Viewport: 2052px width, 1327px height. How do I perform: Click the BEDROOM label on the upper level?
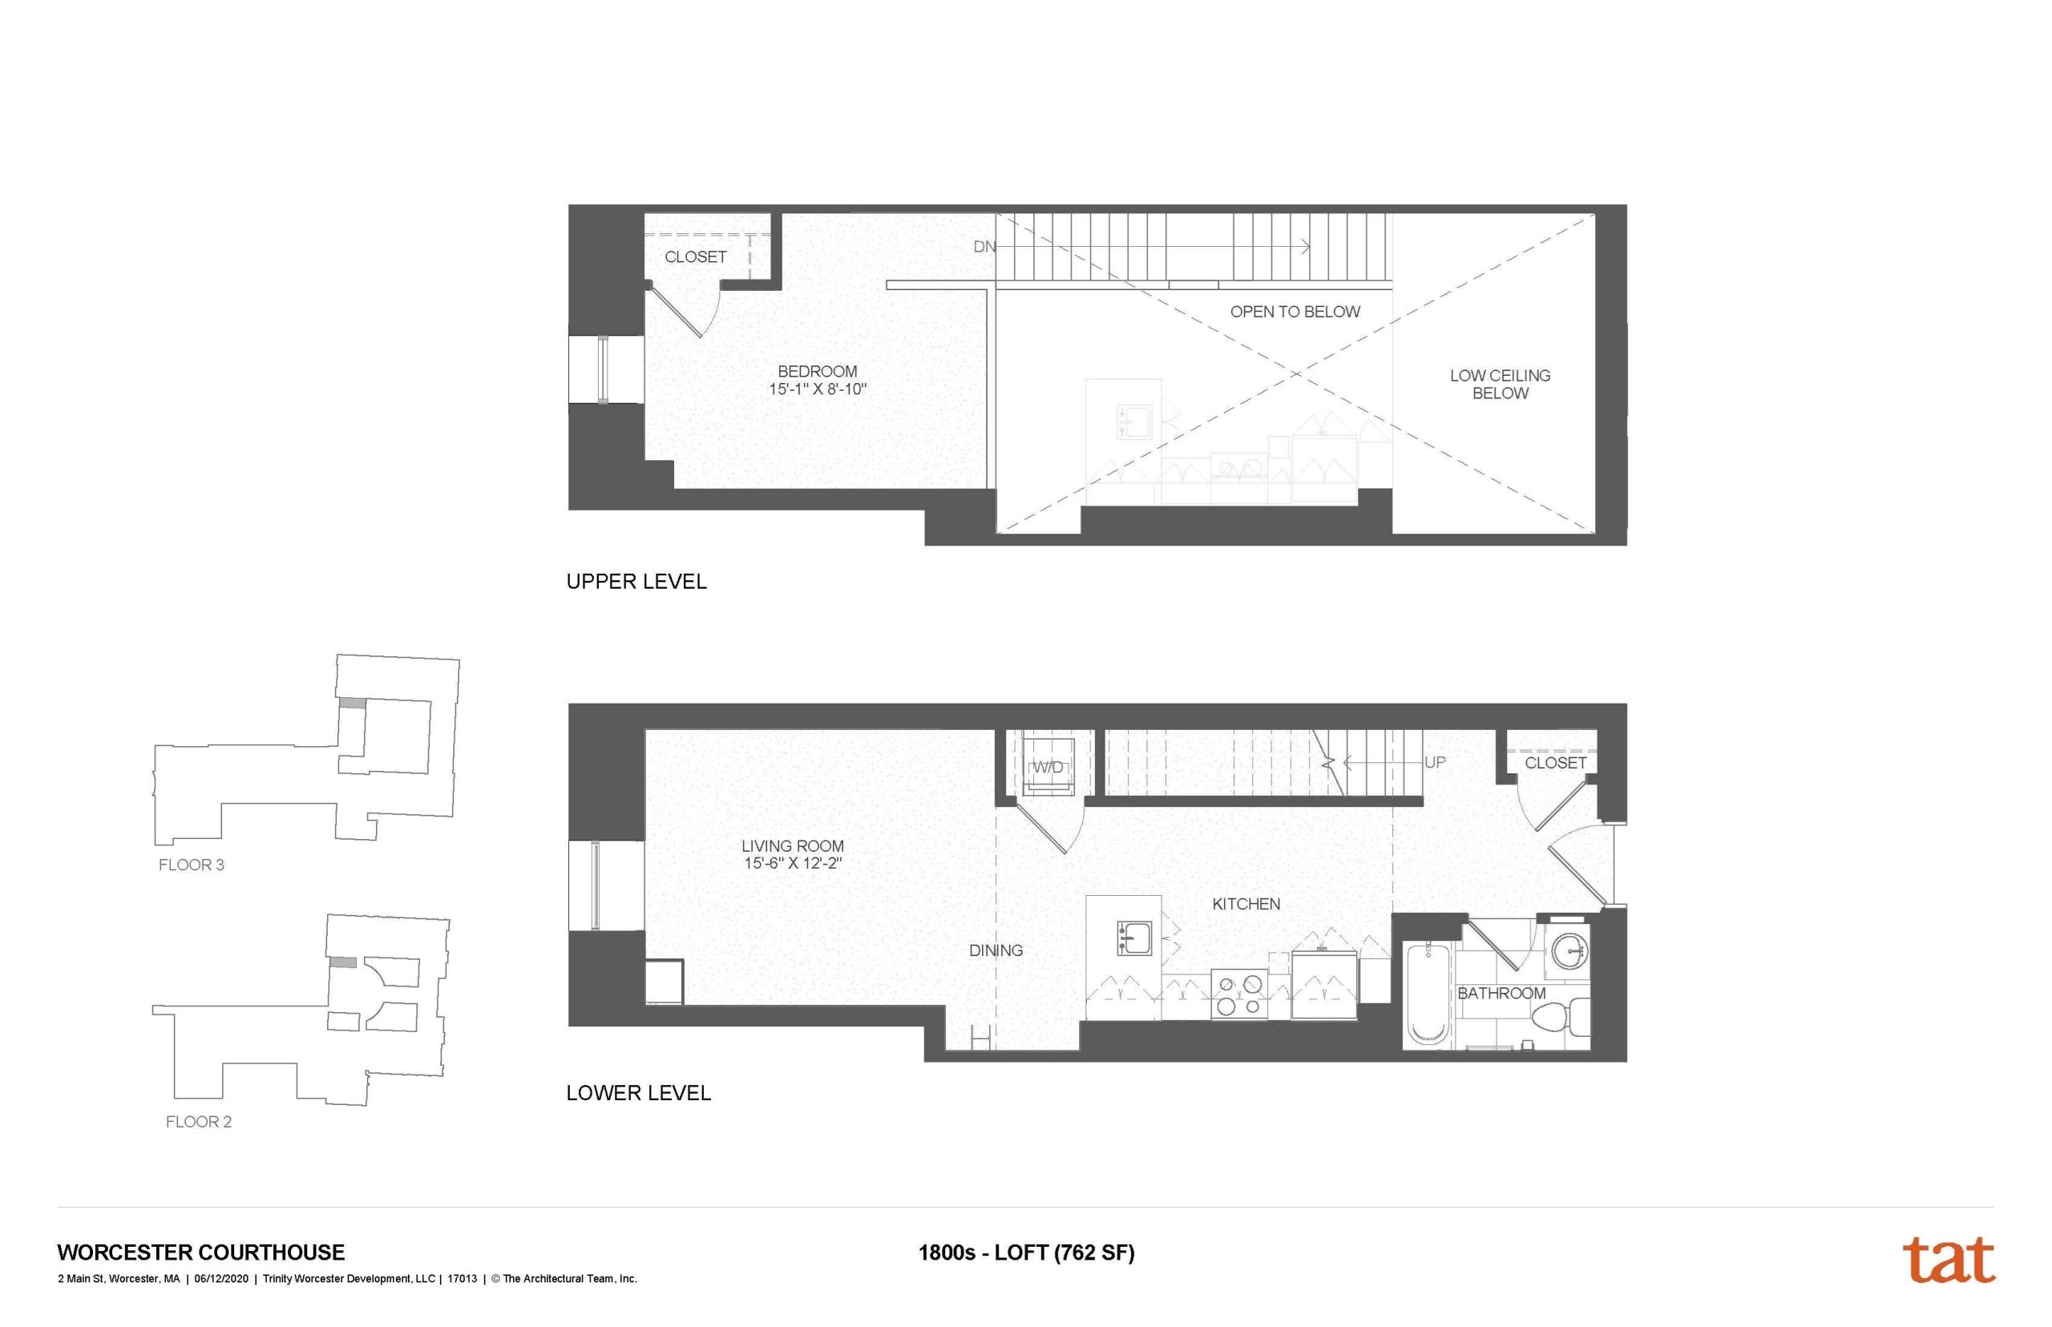[x=816, y=371]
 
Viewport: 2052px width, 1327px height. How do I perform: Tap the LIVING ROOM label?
[x=791, y=846]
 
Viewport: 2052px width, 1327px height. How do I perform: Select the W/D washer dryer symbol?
[x=1047, y=767]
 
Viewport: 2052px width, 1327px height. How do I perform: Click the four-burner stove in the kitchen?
[x=1238, y=994]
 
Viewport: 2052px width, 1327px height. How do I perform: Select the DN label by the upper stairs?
[x=984, y=248]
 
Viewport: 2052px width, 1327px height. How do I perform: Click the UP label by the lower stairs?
[x=1434, y=763]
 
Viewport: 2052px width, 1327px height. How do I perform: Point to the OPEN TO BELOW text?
[x=1294, y=312]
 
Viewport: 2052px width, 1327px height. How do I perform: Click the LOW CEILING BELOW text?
[x=1499, y=385]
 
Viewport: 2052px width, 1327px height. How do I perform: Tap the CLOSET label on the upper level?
[x=695, y=256]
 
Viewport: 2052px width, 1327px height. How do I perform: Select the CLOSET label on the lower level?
[x=1555, y=763]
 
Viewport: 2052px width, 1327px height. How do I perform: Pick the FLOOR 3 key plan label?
[x=192, y=865]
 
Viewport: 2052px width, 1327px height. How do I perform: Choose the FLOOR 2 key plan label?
[x=198, y=1122]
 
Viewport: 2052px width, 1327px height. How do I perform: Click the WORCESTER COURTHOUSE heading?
[x=201, y=1252]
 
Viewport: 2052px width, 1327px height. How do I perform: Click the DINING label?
[x=996, y=950]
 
